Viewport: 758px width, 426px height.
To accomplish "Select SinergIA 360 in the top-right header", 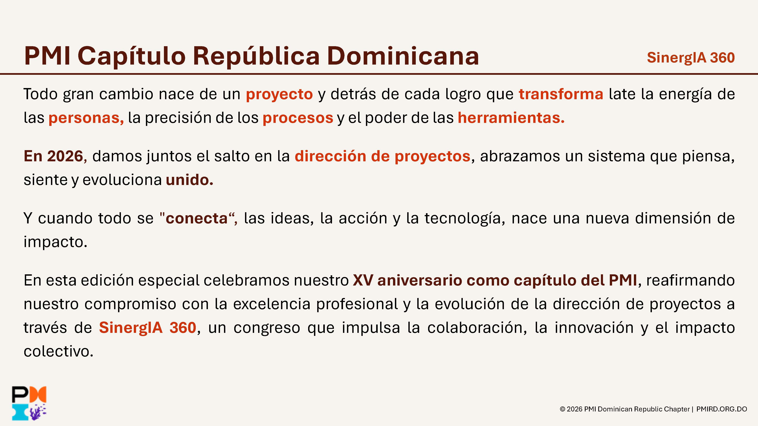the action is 691,58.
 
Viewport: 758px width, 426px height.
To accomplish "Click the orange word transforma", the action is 561,94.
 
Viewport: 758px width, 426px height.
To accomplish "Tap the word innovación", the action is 594,328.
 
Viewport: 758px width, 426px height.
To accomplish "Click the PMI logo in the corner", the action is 29,403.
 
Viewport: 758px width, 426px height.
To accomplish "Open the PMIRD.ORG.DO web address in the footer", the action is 721,409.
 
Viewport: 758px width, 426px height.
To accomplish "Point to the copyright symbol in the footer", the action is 562,409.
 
